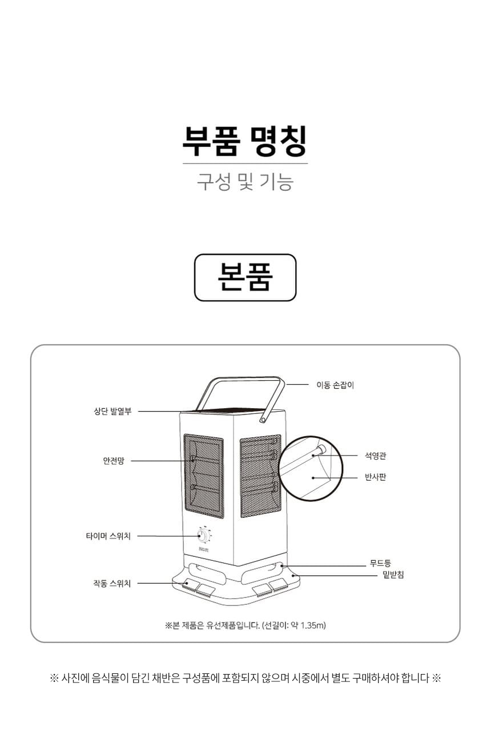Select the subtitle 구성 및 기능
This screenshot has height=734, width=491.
click(x=245, y=182)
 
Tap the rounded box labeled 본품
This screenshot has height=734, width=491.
click(x=245, y=278)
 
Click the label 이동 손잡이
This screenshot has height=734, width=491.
click(x=335, y=385)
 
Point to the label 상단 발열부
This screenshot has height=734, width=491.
click(x=112, y=411)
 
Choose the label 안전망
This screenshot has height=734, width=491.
click(x=114, y=461)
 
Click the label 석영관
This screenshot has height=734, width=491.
click(x=376, y=456)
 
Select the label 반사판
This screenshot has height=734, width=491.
click(x=376, y=477)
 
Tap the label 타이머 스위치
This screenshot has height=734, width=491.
click(x=108, y=536)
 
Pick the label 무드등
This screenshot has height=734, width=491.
click(x=380, y=563)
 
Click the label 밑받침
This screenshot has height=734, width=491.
click(x=393, y=575)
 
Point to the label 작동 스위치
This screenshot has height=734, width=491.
click(x=112, y=583)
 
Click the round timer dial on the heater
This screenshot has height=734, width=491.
click(x=204, y=536)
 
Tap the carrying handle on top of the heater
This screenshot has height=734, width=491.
click(x=240, y=399)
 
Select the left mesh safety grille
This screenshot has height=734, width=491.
click(x=204, y=476)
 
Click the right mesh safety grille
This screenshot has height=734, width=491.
click(x=260, y=476)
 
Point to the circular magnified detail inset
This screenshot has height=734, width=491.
click(x=311, y=469)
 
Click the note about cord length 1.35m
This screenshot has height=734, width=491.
click(x=245, y=625)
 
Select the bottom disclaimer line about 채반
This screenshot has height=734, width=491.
click(x=245, y=678)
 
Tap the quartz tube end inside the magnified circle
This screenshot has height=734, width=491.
click(x=321, y=449)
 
